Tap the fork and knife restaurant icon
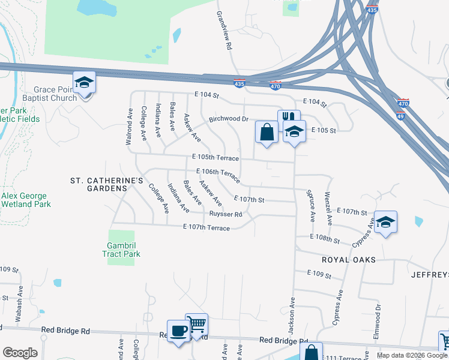[289, 119]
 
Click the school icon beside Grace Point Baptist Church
[85, 82]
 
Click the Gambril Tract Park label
[124, 250]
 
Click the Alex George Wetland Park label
[25, 200]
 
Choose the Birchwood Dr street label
[229, 119]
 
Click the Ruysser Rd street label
[226, 214]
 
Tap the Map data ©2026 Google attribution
[411, 355]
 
